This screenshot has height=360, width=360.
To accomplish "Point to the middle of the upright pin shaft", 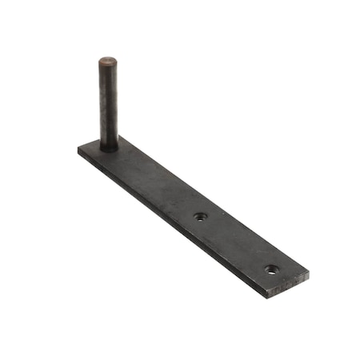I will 108,104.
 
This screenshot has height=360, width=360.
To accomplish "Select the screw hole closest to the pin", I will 200,216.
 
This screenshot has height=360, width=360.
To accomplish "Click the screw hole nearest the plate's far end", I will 273,270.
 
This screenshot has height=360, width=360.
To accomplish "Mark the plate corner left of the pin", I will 78,150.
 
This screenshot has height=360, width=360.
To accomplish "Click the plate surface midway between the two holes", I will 236,242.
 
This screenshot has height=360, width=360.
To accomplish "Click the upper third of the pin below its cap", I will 108,80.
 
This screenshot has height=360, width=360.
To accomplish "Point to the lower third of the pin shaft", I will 109,128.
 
